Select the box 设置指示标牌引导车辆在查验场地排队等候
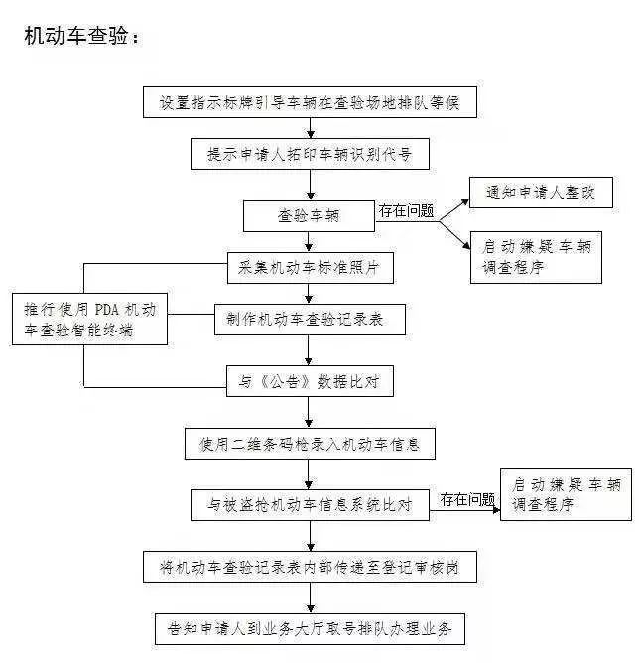tap(310, 102)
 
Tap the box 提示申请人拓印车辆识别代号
tap(310, 154)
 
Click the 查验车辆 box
tap(309, 216)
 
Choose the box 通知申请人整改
tap(541, 193)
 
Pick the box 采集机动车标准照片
tap(311, 268)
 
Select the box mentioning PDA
tap(89, 320)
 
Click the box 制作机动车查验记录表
tap(310, 320)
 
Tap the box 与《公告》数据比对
tap(310, 381)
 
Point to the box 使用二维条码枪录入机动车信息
tap(310, 444)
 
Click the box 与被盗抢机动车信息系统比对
tap(310, 505)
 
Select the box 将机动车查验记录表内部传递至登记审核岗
tap(310, 567)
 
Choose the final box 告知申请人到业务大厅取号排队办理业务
tap(310, 629)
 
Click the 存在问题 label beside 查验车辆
tap(406, 210)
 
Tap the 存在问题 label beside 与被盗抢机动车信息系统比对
tap(467, 499)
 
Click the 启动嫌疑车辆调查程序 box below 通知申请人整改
tap(536, 257)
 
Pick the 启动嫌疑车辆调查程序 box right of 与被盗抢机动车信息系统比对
tap(566, 494)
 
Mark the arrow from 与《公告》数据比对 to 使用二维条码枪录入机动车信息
tap(309, 412)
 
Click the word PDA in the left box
tap(106, 310)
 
